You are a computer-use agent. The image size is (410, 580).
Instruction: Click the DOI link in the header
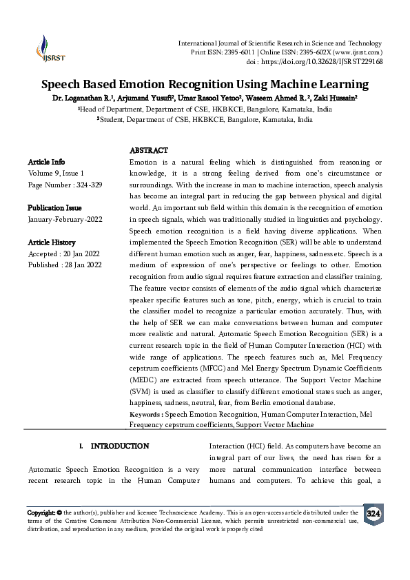click(x=333, y=61)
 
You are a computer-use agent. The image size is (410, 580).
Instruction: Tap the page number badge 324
click(x=373, y=515)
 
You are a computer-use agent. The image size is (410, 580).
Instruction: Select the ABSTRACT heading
click(x=149, y=150)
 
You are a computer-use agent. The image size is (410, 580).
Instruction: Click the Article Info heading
click(x=47, y=162)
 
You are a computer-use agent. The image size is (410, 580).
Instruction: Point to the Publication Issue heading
click(x=54, y=208)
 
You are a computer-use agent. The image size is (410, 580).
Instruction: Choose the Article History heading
click(x=52, y=242)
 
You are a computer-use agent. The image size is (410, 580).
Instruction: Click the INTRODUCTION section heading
click(x=120, y=446)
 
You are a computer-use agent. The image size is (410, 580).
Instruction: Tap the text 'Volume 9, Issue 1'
click(x=56, y=174)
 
